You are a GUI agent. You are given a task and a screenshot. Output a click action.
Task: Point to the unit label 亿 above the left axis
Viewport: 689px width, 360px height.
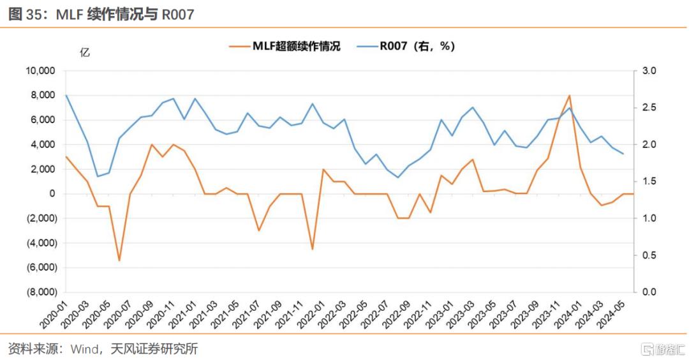(84, 52)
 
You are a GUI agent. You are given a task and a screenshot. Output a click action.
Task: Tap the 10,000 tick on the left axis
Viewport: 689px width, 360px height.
(40, 70)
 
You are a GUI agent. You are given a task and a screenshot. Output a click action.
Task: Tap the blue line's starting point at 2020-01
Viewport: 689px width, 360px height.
(66, 95)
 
